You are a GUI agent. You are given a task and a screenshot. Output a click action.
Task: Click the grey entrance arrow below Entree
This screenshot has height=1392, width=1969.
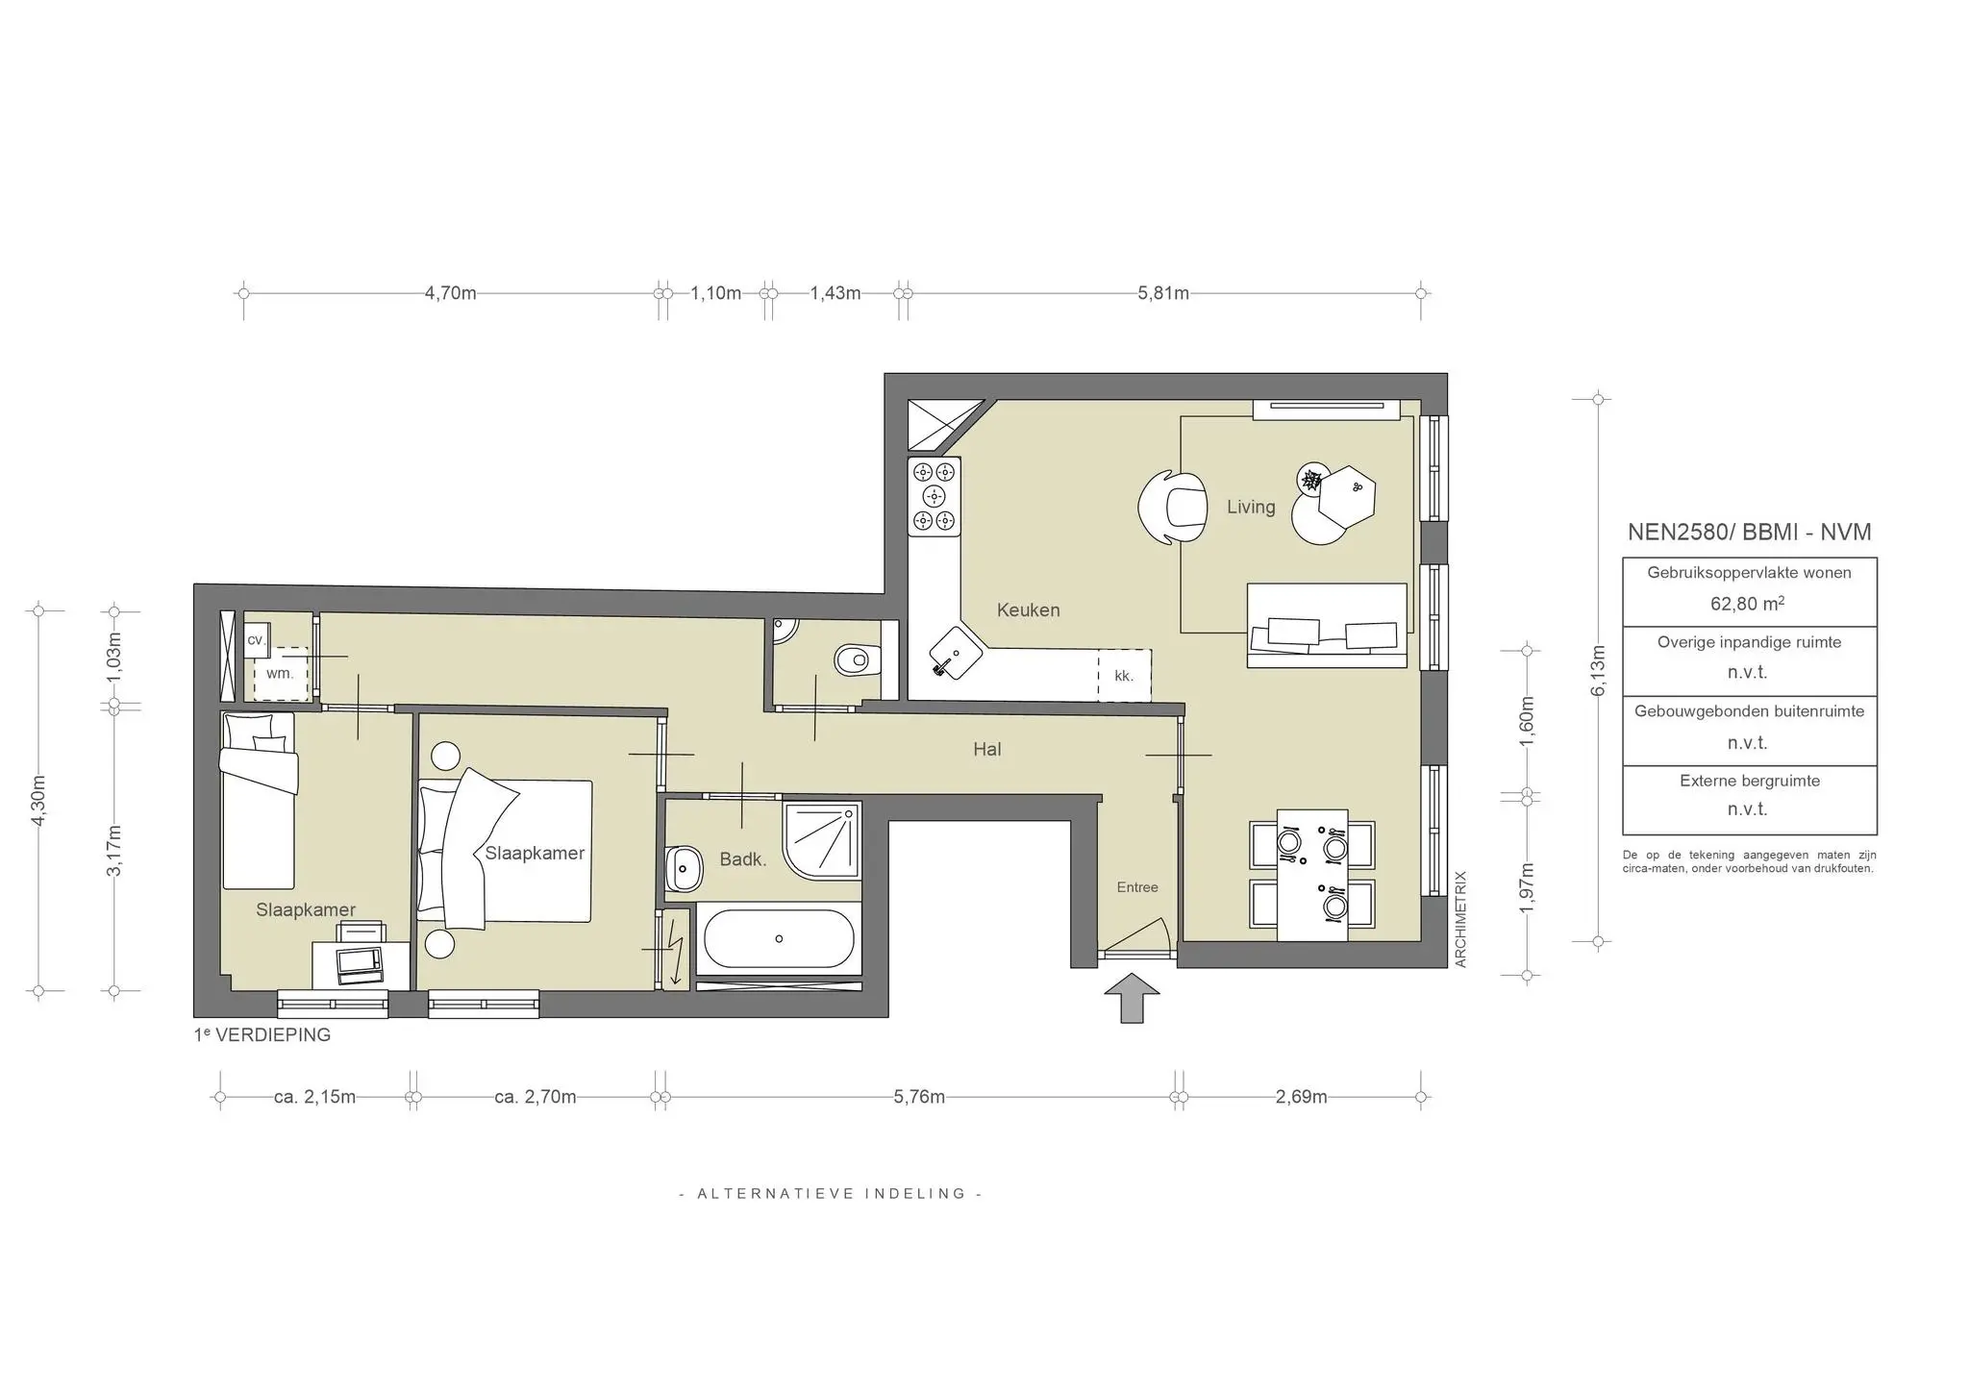(1132, 997)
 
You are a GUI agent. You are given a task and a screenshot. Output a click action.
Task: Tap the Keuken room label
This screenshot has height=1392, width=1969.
(1028, 609)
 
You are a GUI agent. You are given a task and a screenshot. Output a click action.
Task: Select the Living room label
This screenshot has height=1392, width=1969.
(1250, 507)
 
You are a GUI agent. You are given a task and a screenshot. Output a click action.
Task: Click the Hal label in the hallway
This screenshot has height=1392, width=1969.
(986, 749)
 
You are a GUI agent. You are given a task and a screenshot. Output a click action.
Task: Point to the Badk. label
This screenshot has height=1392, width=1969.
(742, 859)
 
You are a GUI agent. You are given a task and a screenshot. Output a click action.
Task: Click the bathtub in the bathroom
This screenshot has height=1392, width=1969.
(778, 938)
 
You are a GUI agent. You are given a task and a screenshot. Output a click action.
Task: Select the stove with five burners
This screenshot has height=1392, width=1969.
(935, 496)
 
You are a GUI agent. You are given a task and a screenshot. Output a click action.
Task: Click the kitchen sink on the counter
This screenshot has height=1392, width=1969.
(954, 654)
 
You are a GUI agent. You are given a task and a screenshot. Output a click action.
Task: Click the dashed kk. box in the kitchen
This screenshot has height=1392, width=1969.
(1124, 675)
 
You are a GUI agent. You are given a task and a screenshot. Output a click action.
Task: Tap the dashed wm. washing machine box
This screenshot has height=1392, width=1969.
(281, 674)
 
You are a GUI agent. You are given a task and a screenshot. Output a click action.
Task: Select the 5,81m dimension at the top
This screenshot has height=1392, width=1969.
(1162, 293)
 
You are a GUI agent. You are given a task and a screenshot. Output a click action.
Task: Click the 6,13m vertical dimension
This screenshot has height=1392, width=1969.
(1598, 670)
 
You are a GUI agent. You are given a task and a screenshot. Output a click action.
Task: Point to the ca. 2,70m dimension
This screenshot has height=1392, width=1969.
(535, 1097)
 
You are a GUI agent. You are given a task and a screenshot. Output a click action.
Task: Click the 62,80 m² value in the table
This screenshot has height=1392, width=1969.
(1747, 604)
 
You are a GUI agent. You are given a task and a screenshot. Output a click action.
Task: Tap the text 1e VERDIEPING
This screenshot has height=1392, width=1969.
(262, 1035)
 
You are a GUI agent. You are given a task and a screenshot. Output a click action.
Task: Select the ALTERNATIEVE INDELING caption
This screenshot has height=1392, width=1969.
(831, 1193)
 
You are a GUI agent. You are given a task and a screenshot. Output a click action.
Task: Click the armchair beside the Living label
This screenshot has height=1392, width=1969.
(1174, 508)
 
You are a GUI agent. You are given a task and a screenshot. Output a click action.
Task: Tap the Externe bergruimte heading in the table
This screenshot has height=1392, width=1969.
(1749, 781)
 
